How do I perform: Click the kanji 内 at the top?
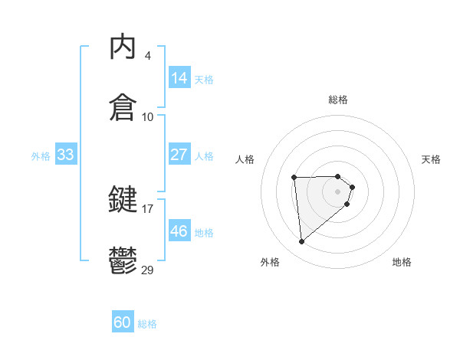[123, 47]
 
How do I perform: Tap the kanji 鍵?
[123, 200]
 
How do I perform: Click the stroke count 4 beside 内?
[147, 56]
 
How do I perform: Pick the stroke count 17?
[147, 208]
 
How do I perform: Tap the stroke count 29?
[147, 270]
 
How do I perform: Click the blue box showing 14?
[179, 78]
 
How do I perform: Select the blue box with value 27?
[179, 155]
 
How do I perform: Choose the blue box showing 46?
[179, 231]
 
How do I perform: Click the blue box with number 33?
[66, 155]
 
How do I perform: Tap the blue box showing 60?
[123, 323]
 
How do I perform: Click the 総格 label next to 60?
[148, 324]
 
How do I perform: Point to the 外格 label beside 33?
[41, 155]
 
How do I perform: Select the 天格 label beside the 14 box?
[204, 79]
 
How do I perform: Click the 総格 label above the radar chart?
[338, 100]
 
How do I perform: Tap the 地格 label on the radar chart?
[402, 262]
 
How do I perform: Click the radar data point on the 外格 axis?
[302, 242]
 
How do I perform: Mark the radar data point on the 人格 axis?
[294, 178]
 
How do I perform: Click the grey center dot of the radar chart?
[338, 191]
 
